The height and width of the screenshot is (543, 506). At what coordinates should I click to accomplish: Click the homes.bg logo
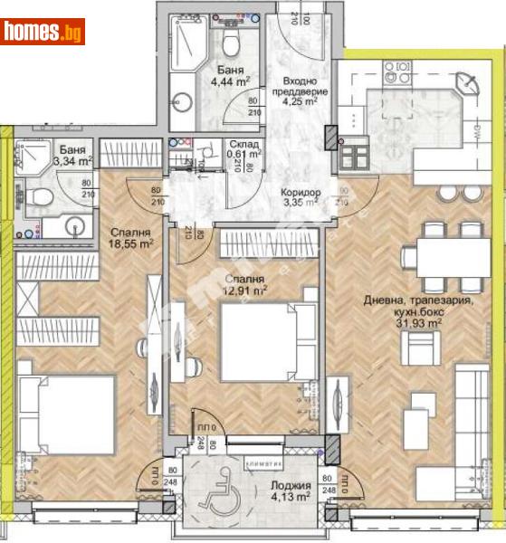click(43, 33)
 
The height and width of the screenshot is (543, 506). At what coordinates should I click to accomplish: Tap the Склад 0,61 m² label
click(243, 148)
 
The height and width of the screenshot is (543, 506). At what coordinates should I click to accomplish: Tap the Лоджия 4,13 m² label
click(287, 490)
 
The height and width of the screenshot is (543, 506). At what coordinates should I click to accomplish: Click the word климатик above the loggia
click(270, 448)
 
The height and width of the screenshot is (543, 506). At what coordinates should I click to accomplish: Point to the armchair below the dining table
click(422, 348)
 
